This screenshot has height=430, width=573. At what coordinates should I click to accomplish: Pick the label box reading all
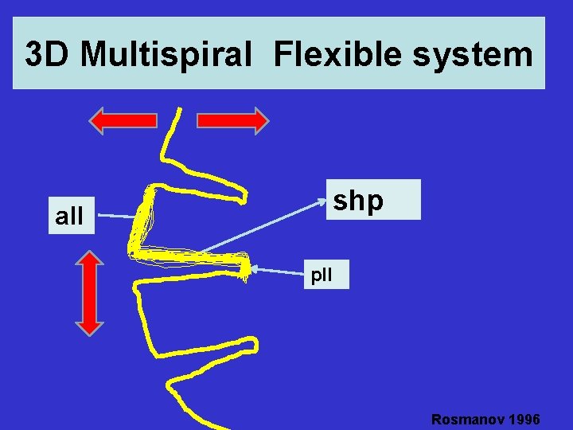tap(70, 215)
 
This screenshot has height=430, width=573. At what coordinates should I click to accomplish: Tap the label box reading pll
tap(322, 276)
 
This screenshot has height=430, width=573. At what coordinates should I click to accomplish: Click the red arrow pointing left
tap(123, 120)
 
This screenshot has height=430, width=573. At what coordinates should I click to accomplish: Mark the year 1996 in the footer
tap(523, 420)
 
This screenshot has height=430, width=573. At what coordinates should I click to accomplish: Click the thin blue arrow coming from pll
tap(279, 271)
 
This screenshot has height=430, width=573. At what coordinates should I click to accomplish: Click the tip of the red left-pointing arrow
tap(91, 120)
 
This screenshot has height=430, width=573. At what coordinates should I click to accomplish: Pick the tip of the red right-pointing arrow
tap(268, 120)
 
